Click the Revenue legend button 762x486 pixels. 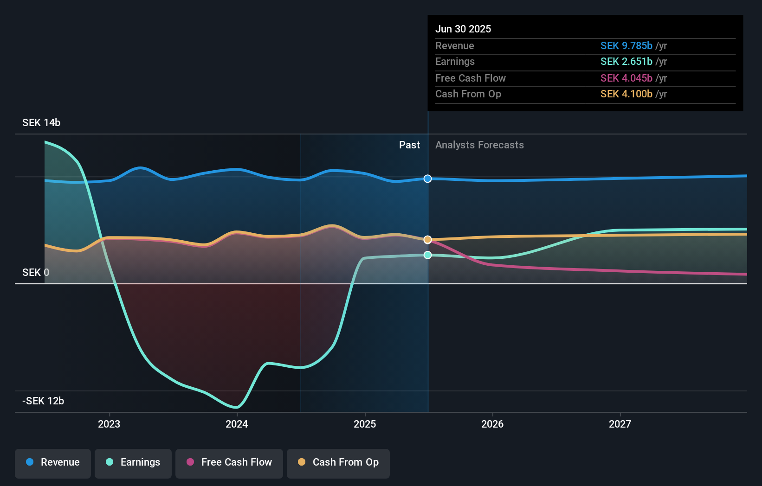click(53, 462)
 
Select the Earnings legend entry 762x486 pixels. click(133, 462)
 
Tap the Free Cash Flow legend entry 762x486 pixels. click(229, 462)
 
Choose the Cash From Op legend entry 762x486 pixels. click(338, 462)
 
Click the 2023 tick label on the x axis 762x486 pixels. click(109, 424)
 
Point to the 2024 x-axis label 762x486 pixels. click(237, 424)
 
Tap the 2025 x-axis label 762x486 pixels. click(365, 424)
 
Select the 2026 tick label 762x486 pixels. click(492, 424)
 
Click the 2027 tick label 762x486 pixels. click(620, 424)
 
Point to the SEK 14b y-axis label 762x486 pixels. click(41, 123)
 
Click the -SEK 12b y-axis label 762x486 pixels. click(43, 401)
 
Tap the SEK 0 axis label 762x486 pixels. click(36, 273)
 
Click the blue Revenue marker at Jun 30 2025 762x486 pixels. click(428, 179)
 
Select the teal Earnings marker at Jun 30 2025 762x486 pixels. click(428, 255)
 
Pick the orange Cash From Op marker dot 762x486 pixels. click(428, 240)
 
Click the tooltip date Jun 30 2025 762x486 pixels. click(463, 29)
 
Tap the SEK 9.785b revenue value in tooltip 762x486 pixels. click(626, 46)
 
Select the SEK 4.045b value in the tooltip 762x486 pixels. click(626, 78)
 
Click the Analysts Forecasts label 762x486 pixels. click(479, 145)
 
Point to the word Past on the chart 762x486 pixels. click(409, 145)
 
